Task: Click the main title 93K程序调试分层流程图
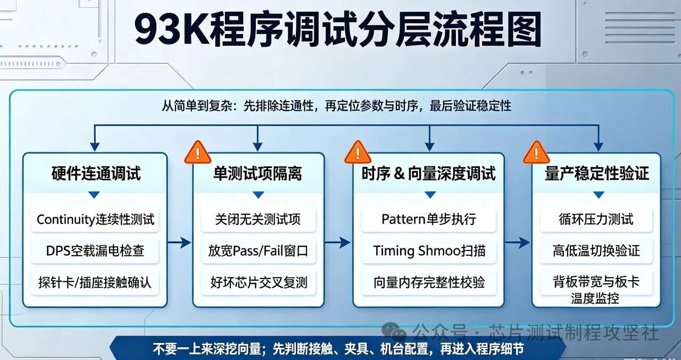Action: click(338, 29)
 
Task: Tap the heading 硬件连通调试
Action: click(96, 173)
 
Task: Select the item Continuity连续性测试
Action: click(95, 219)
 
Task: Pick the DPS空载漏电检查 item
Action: click(95, 251)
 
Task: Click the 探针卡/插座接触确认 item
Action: click(95, 282)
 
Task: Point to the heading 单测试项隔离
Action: click(258, 173)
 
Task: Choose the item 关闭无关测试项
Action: click(258, 219)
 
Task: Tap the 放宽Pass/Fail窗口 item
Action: click(258, 251)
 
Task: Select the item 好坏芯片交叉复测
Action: click(259, 282)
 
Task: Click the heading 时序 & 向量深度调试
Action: click(428, 173)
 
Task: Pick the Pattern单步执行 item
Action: click(429, 219)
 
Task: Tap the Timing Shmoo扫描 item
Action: click(429, 251)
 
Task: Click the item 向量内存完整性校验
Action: click(429, 282)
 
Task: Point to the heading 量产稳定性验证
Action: click(597, 173)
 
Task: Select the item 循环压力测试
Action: click(596, 219)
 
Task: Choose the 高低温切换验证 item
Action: click(596, 251)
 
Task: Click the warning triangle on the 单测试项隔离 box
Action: click(197, 153)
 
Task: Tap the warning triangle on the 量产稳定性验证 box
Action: click(536, 153)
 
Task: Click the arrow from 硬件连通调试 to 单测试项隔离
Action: click(179, 242)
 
